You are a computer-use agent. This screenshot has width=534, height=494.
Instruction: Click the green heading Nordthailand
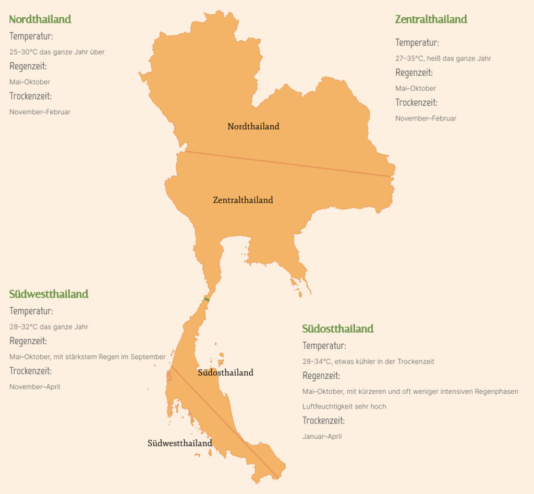40,19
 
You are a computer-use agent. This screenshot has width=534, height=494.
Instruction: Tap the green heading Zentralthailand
431,19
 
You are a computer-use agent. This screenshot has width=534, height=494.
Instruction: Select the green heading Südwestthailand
48,294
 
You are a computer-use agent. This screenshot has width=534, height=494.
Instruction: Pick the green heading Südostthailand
338,329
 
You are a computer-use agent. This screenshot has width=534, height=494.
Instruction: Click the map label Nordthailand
253,126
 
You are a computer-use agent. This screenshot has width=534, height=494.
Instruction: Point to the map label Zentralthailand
243,200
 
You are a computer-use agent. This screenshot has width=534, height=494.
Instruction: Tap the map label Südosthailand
226,372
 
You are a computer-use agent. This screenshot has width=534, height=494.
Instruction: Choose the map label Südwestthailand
180,443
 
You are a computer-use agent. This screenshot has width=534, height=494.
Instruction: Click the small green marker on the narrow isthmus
207,299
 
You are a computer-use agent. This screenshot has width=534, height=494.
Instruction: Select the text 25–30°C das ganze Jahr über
57,52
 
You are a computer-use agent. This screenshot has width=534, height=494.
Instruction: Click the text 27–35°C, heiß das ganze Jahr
443,58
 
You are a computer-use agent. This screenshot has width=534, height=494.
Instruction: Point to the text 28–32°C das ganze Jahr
48,327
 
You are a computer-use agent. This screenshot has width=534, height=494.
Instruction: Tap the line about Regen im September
87,357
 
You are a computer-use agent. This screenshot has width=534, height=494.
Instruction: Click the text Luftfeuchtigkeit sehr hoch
344,406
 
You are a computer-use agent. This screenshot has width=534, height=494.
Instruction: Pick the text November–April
34,387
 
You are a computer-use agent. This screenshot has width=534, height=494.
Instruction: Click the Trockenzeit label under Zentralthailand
416,103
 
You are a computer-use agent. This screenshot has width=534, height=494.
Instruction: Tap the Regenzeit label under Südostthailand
321,376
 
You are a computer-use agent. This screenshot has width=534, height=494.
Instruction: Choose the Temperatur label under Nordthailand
31,37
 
